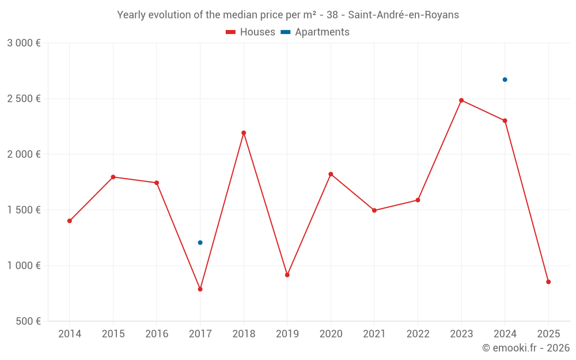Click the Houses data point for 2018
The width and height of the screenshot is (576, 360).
point(244,133)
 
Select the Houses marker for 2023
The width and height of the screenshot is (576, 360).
point(461,100)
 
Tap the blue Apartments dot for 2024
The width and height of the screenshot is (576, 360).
point(505,79)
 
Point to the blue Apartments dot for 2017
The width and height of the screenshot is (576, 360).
point(200,242)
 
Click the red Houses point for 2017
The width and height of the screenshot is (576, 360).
point(200,289)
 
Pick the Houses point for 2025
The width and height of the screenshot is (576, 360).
point(548,282)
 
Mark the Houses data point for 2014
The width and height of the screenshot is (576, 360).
point(70,221)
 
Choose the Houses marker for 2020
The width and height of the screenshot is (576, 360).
point(331,174)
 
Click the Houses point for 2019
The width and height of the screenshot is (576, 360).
point(287,275)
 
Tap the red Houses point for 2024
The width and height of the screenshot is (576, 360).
point(505,121)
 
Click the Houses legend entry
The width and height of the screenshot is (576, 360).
point(251,32)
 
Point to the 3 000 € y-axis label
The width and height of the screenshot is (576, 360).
point(24,43)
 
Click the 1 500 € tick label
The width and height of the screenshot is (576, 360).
point(24,210)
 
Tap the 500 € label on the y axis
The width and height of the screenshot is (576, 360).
point(28,321)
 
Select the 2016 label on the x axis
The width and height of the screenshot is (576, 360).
point(157,334)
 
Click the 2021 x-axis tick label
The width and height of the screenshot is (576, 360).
point(374,334)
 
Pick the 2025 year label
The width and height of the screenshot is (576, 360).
point(548,334)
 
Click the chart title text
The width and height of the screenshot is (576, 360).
point(288,15)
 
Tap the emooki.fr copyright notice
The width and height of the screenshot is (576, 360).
point(526,348)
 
